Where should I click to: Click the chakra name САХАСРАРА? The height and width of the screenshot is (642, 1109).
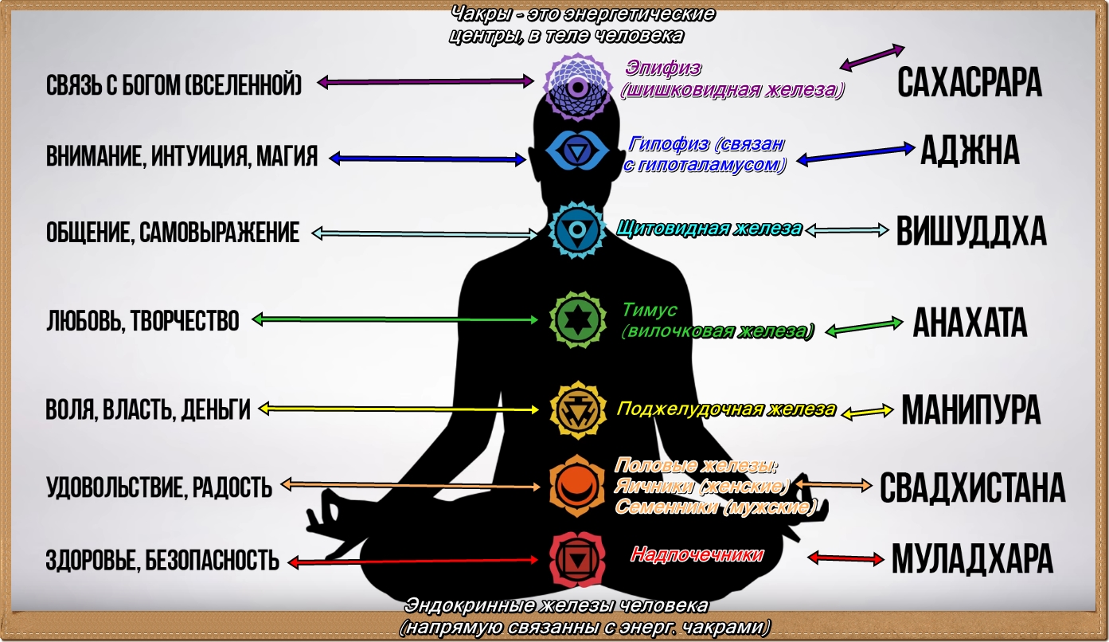pyautogui.click(x=969, y=82)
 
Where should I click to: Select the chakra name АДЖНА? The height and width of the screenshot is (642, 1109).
pyautogui.click(x=970, y=150)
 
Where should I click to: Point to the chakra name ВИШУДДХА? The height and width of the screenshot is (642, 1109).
pyautogui.click(x=970, y=231)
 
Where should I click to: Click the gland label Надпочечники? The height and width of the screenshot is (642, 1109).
pyautogui.click(x=697, y=554)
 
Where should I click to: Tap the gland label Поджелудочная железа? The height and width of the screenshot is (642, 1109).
pyautogui.click(x=726, y=410)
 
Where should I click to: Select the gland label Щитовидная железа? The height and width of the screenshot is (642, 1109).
pyautogui.click(x=709, y=229)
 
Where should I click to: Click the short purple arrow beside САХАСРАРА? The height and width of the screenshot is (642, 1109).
pyautogui.click(x=872, y=57)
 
